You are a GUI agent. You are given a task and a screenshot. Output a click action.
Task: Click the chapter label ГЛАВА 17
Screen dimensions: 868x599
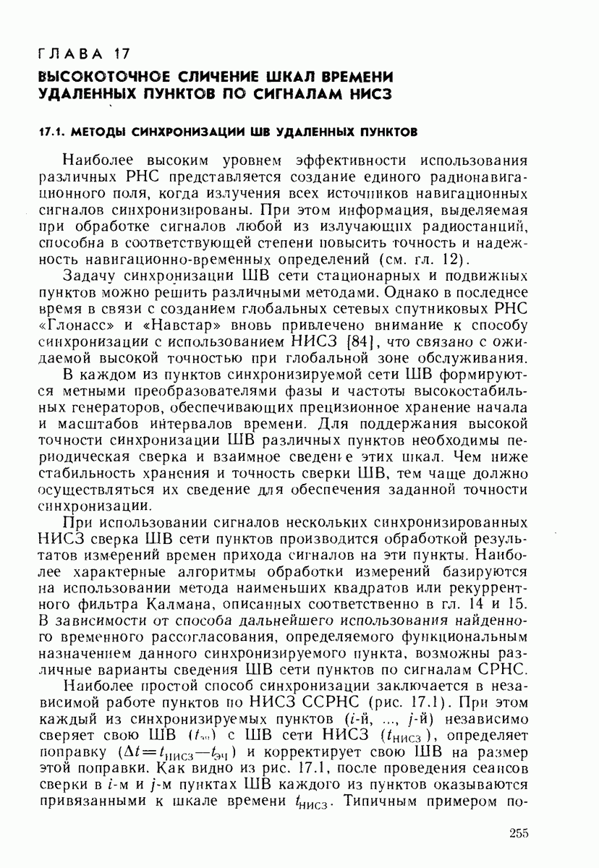pos(84,54)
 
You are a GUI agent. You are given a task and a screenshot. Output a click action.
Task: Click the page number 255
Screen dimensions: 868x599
pos(519,833)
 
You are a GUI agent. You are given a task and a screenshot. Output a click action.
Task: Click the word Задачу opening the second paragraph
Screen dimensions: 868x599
pos(93,276)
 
